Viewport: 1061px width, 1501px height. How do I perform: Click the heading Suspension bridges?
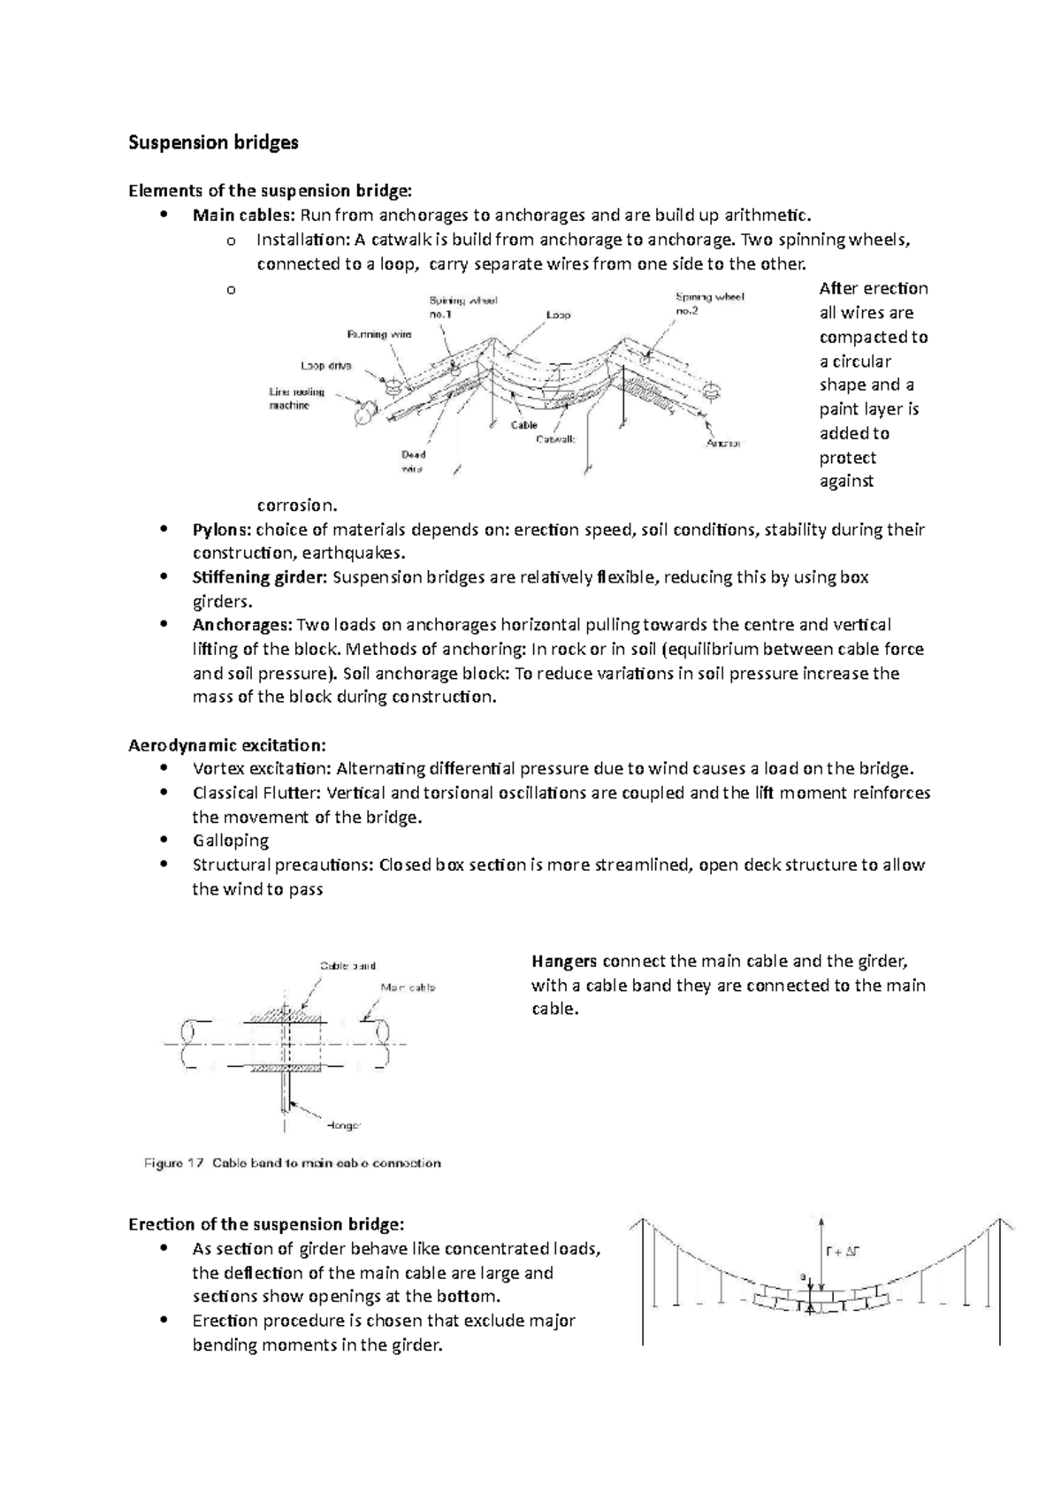click(x=213, y=142)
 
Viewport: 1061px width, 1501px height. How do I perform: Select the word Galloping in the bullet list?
click(x=231, y=841)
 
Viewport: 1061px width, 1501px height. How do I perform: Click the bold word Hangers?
click(x=564, y=961)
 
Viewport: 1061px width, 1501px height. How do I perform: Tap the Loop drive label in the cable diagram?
click(x=327, y=365)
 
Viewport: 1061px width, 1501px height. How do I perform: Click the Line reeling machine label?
click(x=296, y=399)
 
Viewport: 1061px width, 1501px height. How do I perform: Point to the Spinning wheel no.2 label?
click(x=709, y=304)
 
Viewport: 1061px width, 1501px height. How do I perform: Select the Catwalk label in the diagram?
click(x=556, y=439)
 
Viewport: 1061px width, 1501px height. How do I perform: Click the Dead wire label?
click(x=412, y=461)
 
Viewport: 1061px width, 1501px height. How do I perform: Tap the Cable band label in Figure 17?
click(x=347, y=965)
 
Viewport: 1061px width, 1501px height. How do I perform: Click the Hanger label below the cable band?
click(x=343, y=1126)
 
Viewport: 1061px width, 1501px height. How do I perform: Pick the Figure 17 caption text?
click(x=292, y=1163)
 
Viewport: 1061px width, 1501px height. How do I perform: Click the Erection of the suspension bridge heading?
click(x=266, y=1224)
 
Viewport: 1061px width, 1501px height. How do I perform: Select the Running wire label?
click(x=378, y=334)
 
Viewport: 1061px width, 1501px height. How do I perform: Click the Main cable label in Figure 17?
click(x=408, y=987)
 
